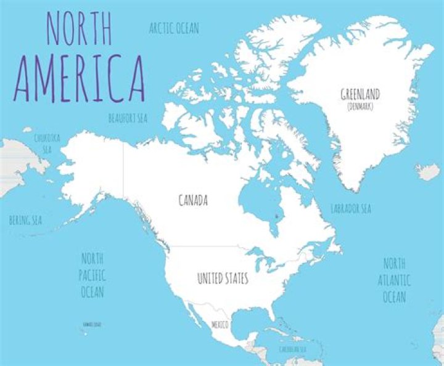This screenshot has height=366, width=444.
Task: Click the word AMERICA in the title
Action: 80,79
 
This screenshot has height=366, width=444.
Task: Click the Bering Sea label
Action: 25,219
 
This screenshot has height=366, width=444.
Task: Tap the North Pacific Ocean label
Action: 92,274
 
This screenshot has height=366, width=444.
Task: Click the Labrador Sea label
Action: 351,208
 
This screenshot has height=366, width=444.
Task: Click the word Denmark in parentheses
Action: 360,106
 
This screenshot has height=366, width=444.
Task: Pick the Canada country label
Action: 193,200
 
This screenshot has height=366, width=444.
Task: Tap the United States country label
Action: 223,279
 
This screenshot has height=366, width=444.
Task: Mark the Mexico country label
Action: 220,324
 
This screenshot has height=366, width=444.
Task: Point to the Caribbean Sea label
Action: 293,349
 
